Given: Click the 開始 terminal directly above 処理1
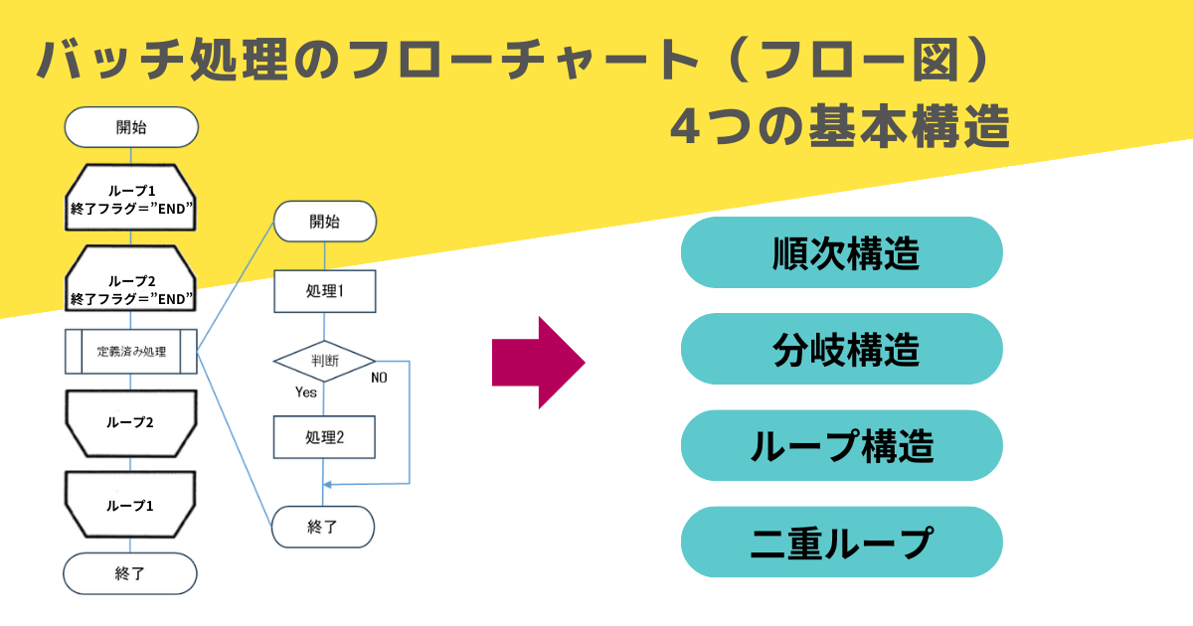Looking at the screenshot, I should pos(324,222).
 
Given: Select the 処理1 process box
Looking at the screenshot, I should pos(324,291).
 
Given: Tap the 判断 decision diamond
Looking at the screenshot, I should pos(324,361).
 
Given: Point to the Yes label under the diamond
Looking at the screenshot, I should pos(306,392).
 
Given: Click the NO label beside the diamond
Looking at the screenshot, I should pos(379,378).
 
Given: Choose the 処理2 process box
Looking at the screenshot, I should pos(324,436).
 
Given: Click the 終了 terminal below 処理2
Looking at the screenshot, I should pos(324,527).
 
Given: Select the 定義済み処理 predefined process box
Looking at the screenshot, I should pos(131,352).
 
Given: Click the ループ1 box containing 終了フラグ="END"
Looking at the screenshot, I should pos(131,198).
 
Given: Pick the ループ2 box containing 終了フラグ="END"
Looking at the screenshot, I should pos(131,288).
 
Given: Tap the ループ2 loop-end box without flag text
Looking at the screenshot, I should pos(131,422).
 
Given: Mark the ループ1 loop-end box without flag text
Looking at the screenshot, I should pos(131,505).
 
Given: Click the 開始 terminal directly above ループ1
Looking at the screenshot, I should pos(131,127).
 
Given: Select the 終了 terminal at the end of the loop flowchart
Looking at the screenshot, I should pos(131,573).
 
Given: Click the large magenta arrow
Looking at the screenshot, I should pos(538,363).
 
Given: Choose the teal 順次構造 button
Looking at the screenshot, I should pos(841,252).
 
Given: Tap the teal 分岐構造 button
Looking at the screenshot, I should pos(841,349).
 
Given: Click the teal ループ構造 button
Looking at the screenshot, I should pos(841,445).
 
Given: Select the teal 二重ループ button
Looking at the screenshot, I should pos(841,542).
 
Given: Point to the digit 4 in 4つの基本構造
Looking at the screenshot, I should pos(685,127).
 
